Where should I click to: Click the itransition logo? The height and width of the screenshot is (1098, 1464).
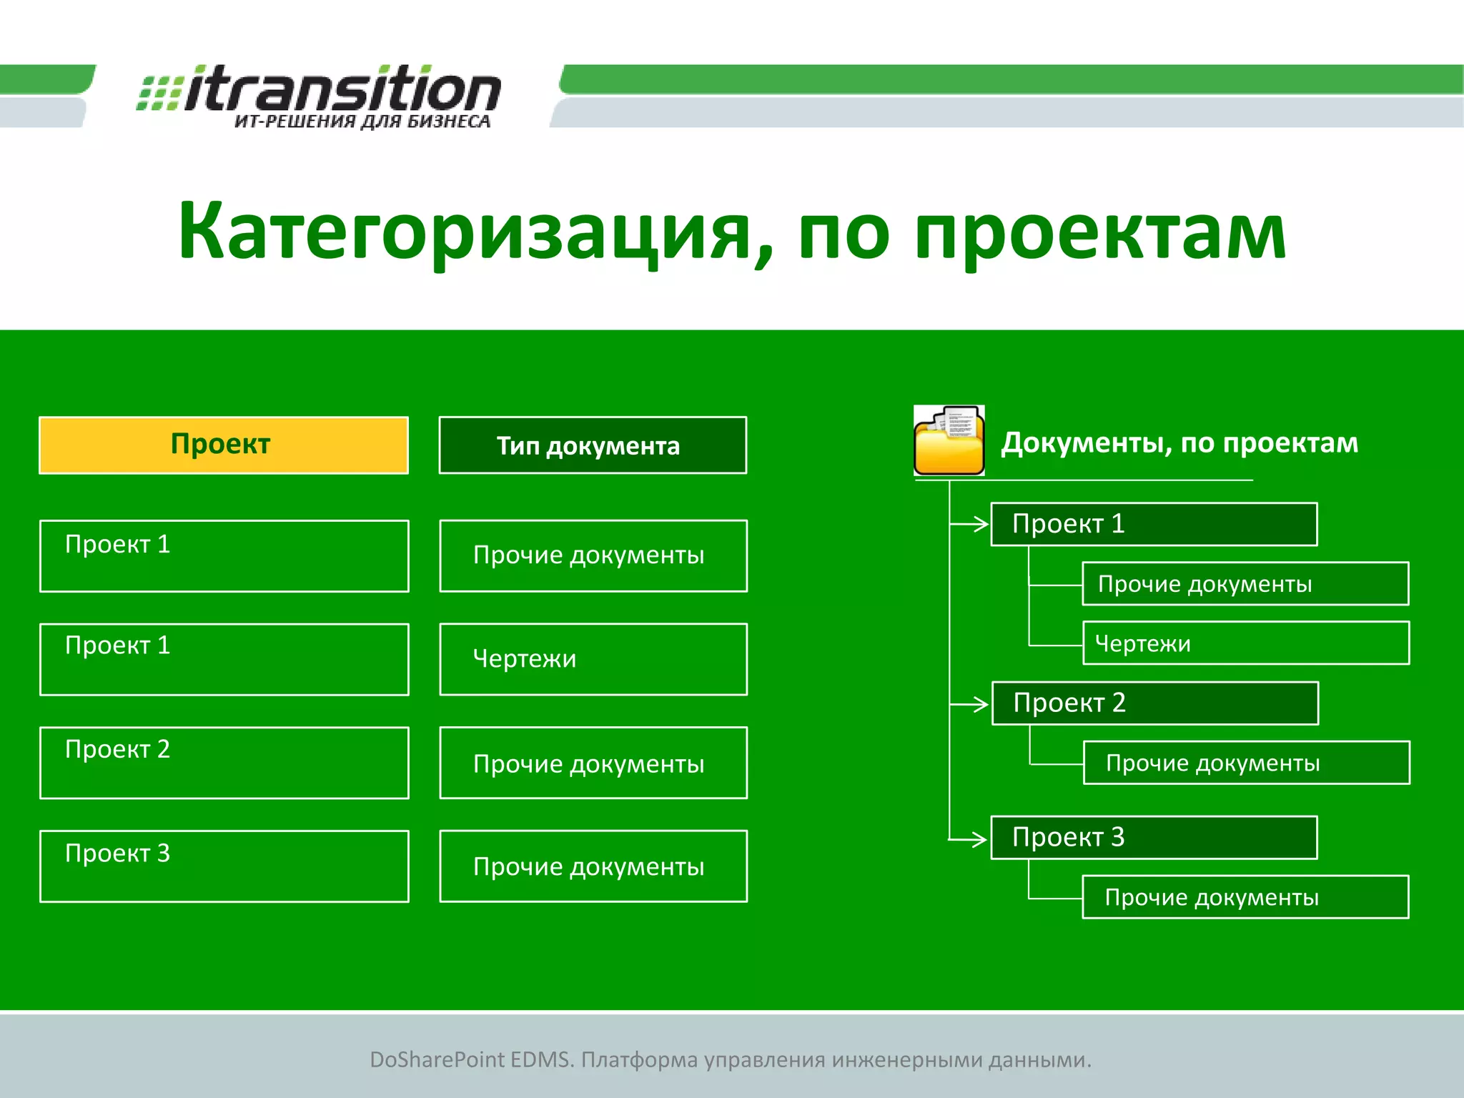coord(320,89)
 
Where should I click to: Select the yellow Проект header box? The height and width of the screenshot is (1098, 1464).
coord(223,445)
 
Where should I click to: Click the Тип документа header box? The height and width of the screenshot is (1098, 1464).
coord(592,445)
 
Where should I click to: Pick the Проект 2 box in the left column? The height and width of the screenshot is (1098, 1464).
coord(224,763)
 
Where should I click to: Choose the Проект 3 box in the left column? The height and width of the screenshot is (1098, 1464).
coord(224,866)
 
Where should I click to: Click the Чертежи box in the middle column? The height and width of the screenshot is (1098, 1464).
coord(593,658)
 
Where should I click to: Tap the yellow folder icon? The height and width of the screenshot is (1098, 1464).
coord(949,441)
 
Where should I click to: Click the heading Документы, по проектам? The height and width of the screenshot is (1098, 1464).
coord(1179,443)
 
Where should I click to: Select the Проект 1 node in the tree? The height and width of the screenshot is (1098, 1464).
coord(1153,524)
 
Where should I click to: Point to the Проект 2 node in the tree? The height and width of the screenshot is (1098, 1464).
coord(1154,703)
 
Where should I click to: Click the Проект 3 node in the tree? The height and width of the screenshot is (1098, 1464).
coord(1153,837)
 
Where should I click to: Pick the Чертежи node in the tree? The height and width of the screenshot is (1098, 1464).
coord(1245,643)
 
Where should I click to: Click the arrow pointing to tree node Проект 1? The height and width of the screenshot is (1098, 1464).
coord(971,524)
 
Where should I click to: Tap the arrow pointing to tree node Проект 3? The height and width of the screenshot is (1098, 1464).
coord(969,839)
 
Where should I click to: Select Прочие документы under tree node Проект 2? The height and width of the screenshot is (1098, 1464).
coord(1246,763)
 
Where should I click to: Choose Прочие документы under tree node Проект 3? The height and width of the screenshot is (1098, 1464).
coord(1245,897)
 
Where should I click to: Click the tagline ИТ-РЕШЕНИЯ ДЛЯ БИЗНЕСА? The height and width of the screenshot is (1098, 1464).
coord(362,122)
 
